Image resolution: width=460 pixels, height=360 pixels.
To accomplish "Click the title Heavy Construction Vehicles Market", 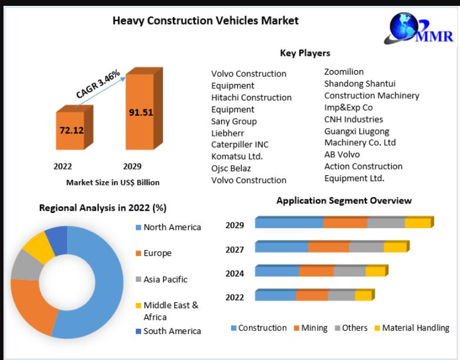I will click(205, 21).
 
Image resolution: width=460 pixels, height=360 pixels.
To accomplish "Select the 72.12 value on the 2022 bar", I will click(71, 129).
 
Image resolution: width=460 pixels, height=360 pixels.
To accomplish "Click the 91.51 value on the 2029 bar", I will click(141, 112).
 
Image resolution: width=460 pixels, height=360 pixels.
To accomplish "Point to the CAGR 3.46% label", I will click(98, 84).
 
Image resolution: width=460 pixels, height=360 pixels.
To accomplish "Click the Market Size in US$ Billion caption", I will click(112, 182).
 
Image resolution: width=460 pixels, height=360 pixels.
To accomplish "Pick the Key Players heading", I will click(305, 53).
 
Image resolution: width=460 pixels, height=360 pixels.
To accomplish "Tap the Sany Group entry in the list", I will click(234, 121).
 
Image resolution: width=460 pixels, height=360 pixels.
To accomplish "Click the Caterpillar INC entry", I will click(239, 145).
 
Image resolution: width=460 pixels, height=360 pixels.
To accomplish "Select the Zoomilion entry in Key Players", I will click(344, 72).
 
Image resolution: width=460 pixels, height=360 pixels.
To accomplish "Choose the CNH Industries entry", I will click(354, 119).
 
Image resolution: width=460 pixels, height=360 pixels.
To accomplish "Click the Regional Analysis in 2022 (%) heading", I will click(102, 208).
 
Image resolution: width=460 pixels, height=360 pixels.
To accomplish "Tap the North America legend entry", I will click(172, 227).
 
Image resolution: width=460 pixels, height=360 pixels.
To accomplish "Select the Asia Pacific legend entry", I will click(166, 279).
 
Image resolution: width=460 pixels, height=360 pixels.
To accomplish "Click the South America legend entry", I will click(172, 331).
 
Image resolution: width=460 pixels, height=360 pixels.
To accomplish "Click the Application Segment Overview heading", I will click(344, 201).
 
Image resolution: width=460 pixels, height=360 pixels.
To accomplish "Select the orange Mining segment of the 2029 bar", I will click(345, 223).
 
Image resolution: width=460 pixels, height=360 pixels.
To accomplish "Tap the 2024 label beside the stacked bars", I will click(235, 273).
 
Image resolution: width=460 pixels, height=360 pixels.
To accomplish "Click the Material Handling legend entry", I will click(415, 328).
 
